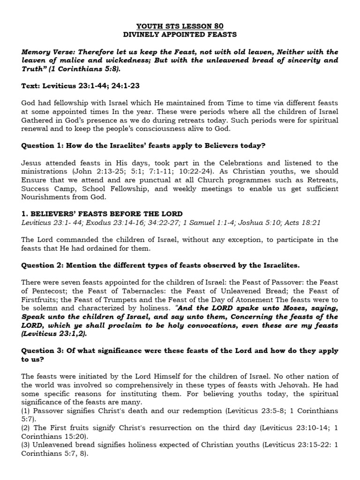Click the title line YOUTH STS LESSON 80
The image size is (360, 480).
[180, 26]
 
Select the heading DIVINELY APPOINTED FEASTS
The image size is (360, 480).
[180, 35]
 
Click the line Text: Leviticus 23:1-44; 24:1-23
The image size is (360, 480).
[80, 86]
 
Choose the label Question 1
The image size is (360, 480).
[41, 145]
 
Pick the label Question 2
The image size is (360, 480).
[41, 265]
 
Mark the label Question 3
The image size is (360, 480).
[41, 351]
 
